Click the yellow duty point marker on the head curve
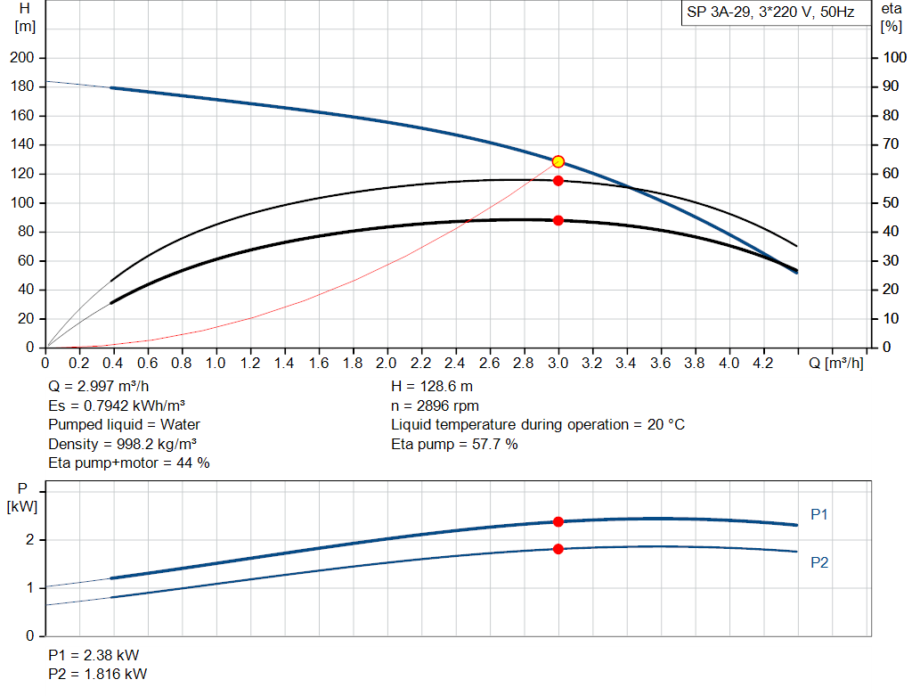click(558, 161)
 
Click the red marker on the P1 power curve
click(558, 522)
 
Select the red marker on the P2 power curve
click(558, 549)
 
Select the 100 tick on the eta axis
click(893, 58)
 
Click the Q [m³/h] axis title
click(836, 364)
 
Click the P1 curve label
click(819, 514)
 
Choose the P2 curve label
click(819, 562)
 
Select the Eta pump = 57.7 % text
click(454, 444)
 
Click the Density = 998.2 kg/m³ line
click(123, 444)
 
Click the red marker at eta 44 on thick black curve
click(558, 220)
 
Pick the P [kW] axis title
click(22, 497)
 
